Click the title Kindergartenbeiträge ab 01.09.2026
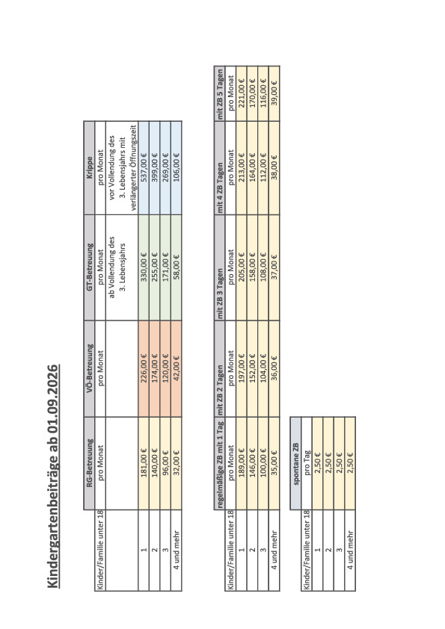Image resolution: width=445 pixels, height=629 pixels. click(54, 476)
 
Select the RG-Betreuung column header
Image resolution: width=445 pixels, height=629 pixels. click(90, 463)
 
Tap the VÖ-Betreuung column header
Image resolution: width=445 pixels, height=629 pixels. click(90, 368)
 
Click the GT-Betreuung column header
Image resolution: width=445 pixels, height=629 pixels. click(90, 267)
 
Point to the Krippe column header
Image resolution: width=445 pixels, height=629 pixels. click(90, 167)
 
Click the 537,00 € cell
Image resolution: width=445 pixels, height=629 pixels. click(144, 167)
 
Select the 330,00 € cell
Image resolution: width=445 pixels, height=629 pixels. click(144, 267)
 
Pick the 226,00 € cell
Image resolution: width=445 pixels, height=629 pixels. click(144, 368)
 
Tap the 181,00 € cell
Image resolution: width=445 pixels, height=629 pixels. click(144, 463)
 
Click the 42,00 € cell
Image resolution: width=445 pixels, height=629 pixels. click(177, 368)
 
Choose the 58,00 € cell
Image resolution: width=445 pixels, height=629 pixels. click(177, 267)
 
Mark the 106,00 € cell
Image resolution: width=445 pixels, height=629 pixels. click(177, 167)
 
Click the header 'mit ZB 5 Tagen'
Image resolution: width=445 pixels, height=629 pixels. click(220, 93)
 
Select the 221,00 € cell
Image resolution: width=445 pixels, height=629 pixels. click(242, 93)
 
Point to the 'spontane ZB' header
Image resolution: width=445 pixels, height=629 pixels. click(295, 463)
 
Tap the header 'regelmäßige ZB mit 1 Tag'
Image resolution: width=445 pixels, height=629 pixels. click(220, 463)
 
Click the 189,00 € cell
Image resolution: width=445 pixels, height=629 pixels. click(242, 463)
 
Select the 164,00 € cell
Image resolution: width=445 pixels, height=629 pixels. click(252, 167)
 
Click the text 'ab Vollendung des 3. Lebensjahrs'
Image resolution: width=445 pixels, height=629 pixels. click(117, 267)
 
